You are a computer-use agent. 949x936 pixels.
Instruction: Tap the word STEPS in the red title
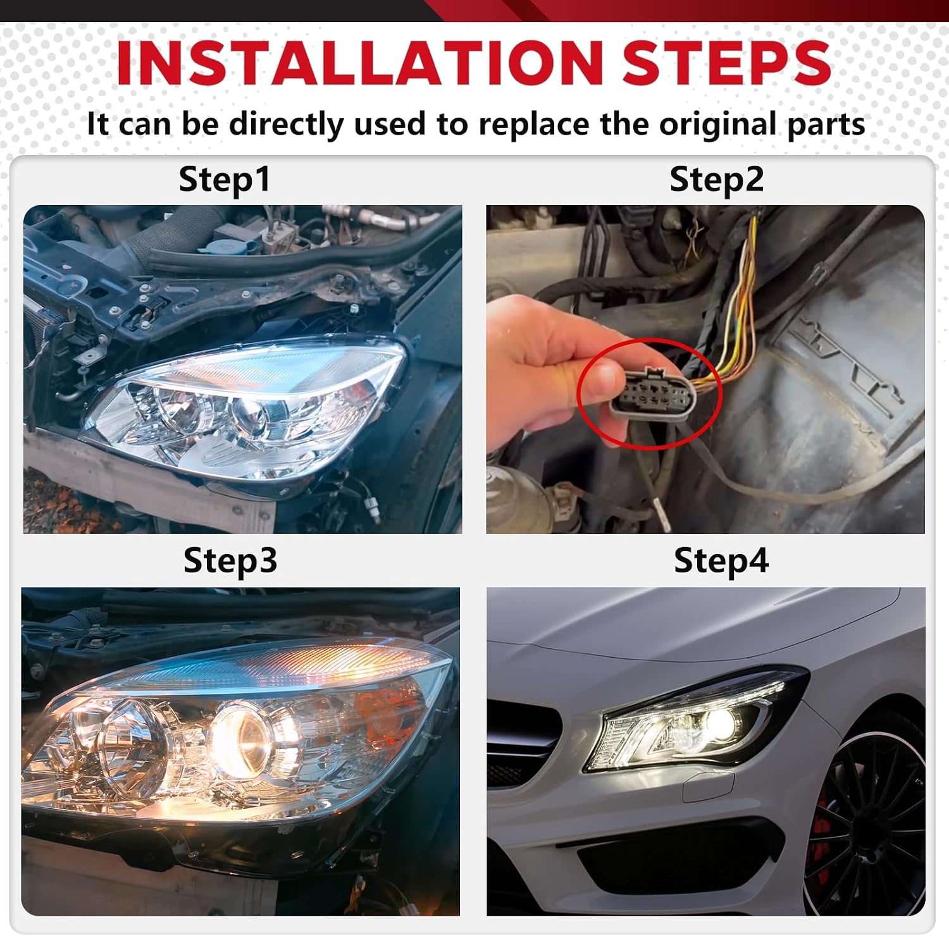(726, 63)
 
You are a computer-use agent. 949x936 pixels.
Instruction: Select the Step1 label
(225, 180)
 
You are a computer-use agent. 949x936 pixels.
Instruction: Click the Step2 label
(717, 180)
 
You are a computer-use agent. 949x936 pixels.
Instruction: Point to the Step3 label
(230, 561)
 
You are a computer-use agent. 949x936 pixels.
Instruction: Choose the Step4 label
(721, 561)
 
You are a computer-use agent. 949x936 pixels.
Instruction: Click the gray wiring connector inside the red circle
(652, 393)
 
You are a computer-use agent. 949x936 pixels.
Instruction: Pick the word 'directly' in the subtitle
(286, 124)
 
